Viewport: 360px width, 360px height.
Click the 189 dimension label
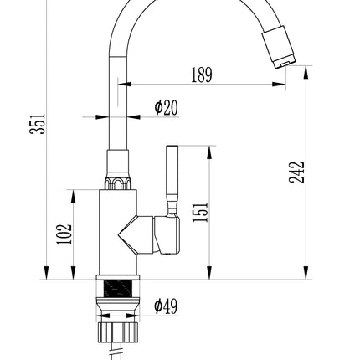(202, 75)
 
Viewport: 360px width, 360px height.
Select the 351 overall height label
(37, 124)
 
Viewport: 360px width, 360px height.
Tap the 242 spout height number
(296, 172)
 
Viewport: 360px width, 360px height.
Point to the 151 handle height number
(200, 212)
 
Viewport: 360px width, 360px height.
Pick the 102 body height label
(64, 234)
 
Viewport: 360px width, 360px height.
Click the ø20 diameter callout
(167, 108)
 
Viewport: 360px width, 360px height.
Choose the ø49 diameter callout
(166, 306)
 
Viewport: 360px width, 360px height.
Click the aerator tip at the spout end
(279, 47)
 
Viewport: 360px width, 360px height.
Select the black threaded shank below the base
(117, 289)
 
